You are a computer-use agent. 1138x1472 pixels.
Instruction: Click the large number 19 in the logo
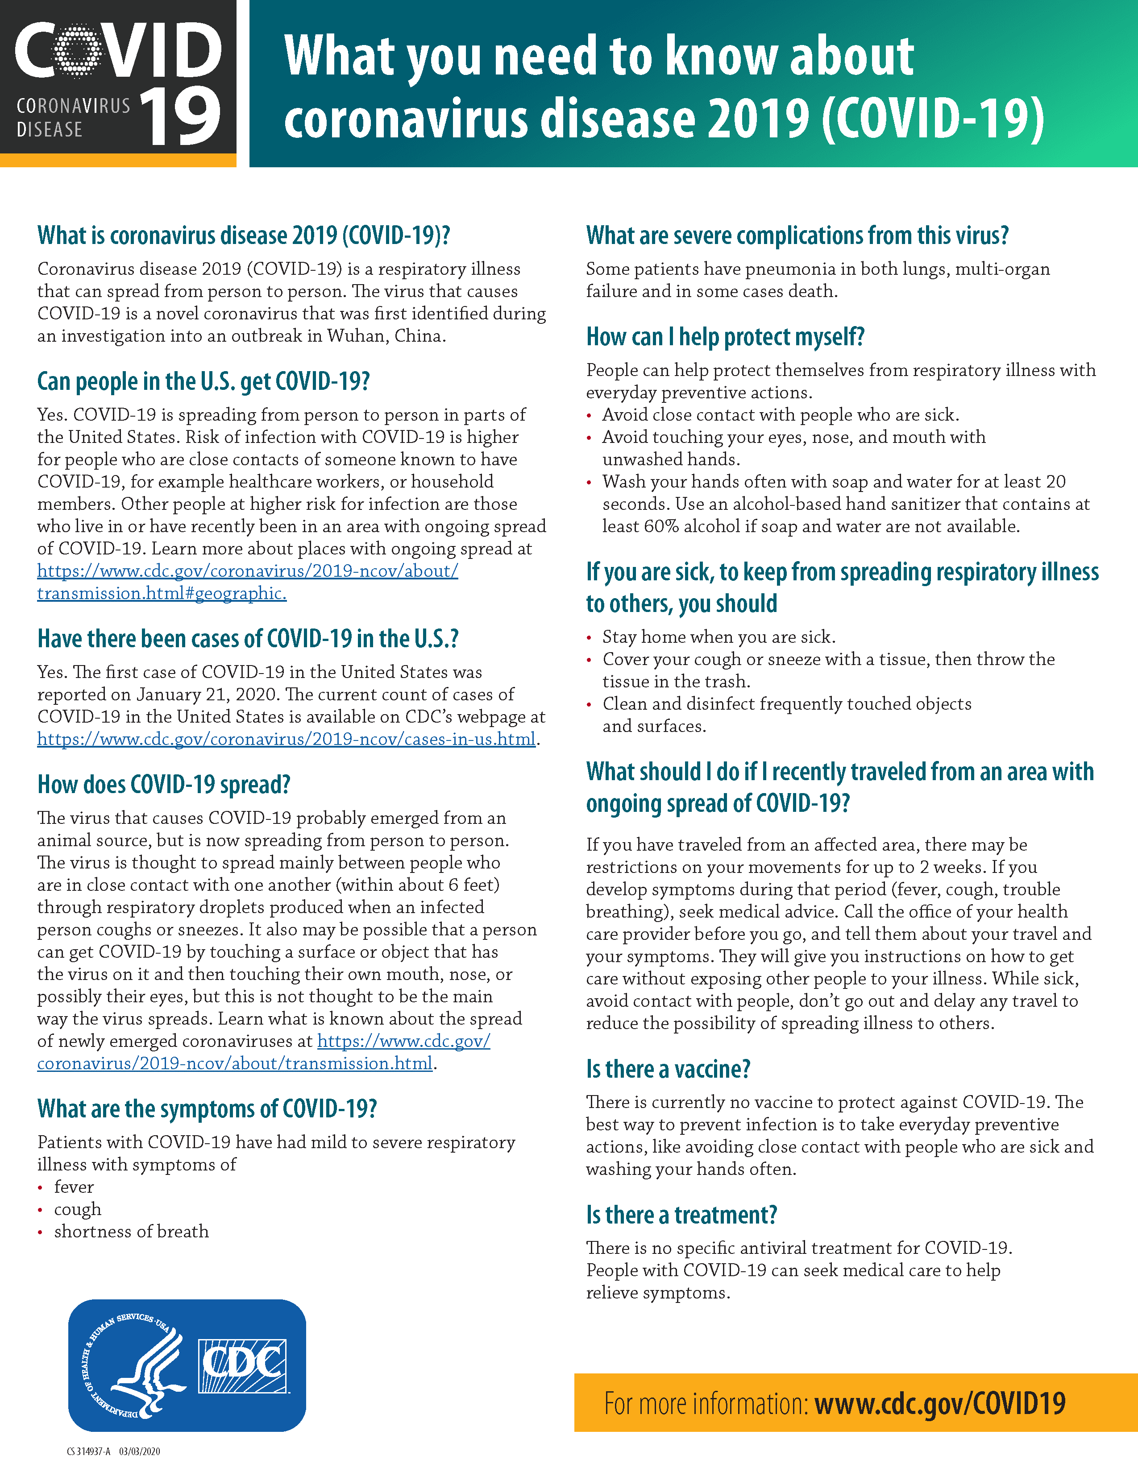(181, 116)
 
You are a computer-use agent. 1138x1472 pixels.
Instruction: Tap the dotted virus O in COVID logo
(78, 50)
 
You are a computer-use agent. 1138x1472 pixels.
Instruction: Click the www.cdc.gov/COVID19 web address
(940, 1404)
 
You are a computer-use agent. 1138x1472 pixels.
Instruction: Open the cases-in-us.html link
(287, 740)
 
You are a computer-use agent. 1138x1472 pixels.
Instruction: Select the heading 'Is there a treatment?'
(681, 1215)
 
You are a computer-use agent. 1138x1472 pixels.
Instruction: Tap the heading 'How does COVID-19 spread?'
(164, 785)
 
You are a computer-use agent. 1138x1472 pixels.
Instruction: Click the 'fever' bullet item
(74, 1187)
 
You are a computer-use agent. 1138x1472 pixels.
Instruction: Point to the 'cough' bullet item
(78, 1209)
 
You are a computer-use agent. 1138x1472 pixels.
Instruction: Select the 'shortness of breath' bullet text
(132, 1232)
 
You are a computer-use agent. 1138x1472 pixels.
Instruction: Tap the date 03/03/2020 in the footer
(140, 1451)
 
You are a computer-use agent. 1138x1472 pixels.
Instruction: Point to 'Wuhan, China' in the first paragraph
(386, 335)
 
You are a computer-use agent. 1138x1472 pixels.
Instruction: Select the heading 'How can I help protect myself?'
(725, 337)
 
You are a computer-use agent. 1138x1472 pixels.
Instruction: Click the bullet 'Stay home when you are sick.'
(719, 637)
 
